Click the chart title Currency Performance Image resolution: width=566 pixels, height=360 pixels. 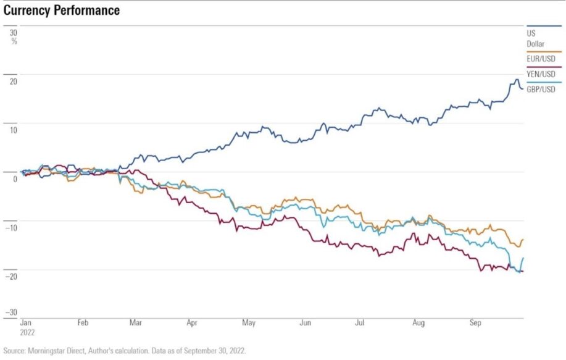coord(62,11)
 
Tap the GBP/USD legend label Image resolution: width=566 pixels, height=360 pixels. coord(541,90)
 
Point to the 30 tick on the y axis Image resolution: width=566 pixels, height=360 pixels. coord(13,32)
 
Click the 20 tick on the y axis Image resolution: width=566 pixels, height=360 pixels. coord(13,82)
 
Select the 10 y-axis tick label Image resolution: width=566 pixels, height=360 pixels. coord(13,130)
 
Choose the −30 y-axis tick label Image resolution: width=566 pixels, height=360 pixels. coord(11,312)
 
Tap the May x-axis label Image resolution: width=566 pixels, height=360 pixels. coord(249,323)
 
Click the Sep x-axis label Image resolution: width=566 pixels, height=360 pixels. coord(475,323)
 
